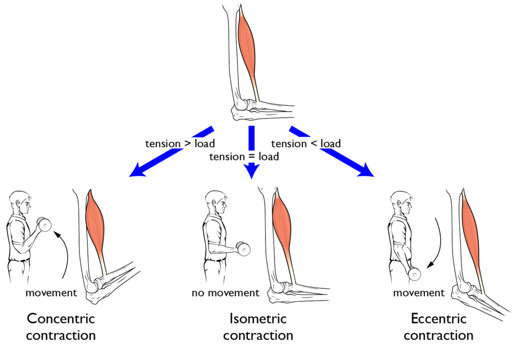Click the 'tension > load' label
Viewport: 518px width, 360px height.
pos(176,144)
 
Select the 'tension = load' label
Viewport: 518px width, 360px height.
pos(244,157)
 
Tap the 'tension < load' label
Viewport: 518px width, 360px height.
pos(306,144)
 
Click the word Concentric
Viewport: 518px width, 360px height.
pos(61,318)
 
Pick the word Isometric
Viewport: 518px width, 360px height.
pos(258,318)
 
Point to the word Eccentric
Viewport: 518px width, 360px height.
pos(439,318)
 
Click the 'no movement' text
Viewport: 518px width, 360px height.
pos(225,293)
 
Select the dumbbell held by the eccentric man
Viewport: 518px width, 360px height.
pos(414,273)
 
